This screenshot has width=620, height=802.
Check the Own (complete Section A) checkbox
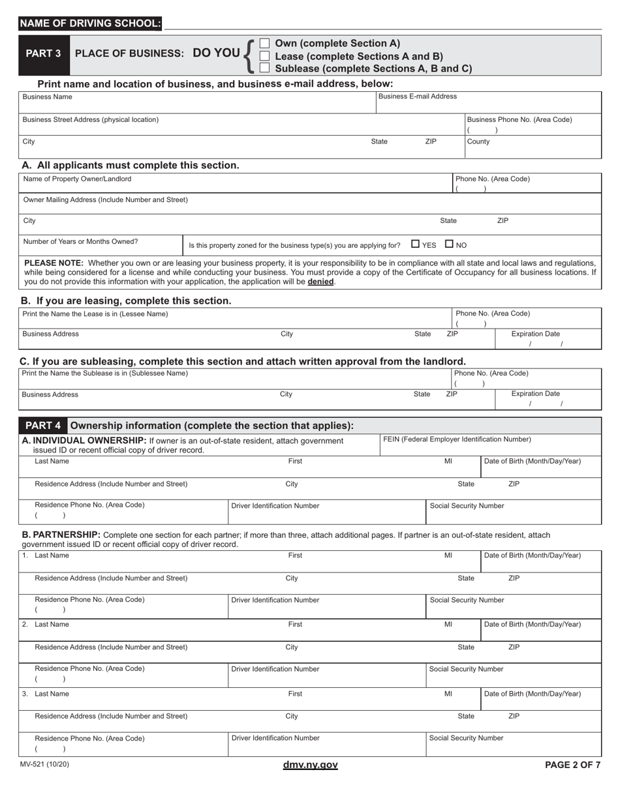264,44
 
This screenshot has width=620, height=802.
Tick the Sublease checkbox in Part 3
264,68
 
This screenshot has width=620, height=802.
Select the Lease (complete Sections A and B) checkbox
264,56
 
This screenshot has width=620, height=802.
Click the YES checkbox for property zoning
416,245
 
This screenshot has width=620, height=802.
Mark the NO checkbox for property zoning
449,245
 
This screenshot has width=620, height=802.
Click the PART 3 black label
43,53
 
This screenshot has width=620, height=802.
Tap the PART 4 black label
43,426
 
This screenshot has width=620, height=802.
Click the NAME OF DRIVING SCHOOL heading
90,24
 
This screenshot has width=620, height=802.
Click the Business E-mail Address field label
418,97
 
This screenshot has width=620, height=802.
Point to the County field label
478,141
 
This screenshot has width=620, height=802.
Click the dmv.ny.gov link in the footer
310,765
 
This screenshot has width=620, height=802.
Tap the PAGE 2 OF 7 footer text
572,765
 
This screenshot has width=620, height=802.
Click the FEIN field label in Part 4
457,439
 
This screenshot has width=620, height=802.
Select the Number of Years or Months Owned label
80,241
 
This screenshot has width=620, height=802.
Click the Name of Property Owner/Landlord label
77,179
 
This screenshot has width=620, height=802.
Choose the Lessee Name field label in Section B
95,314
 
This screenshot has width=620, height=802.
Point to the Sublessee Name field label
105,373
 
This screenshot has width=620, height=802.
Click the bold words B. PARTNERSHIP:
61,535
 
